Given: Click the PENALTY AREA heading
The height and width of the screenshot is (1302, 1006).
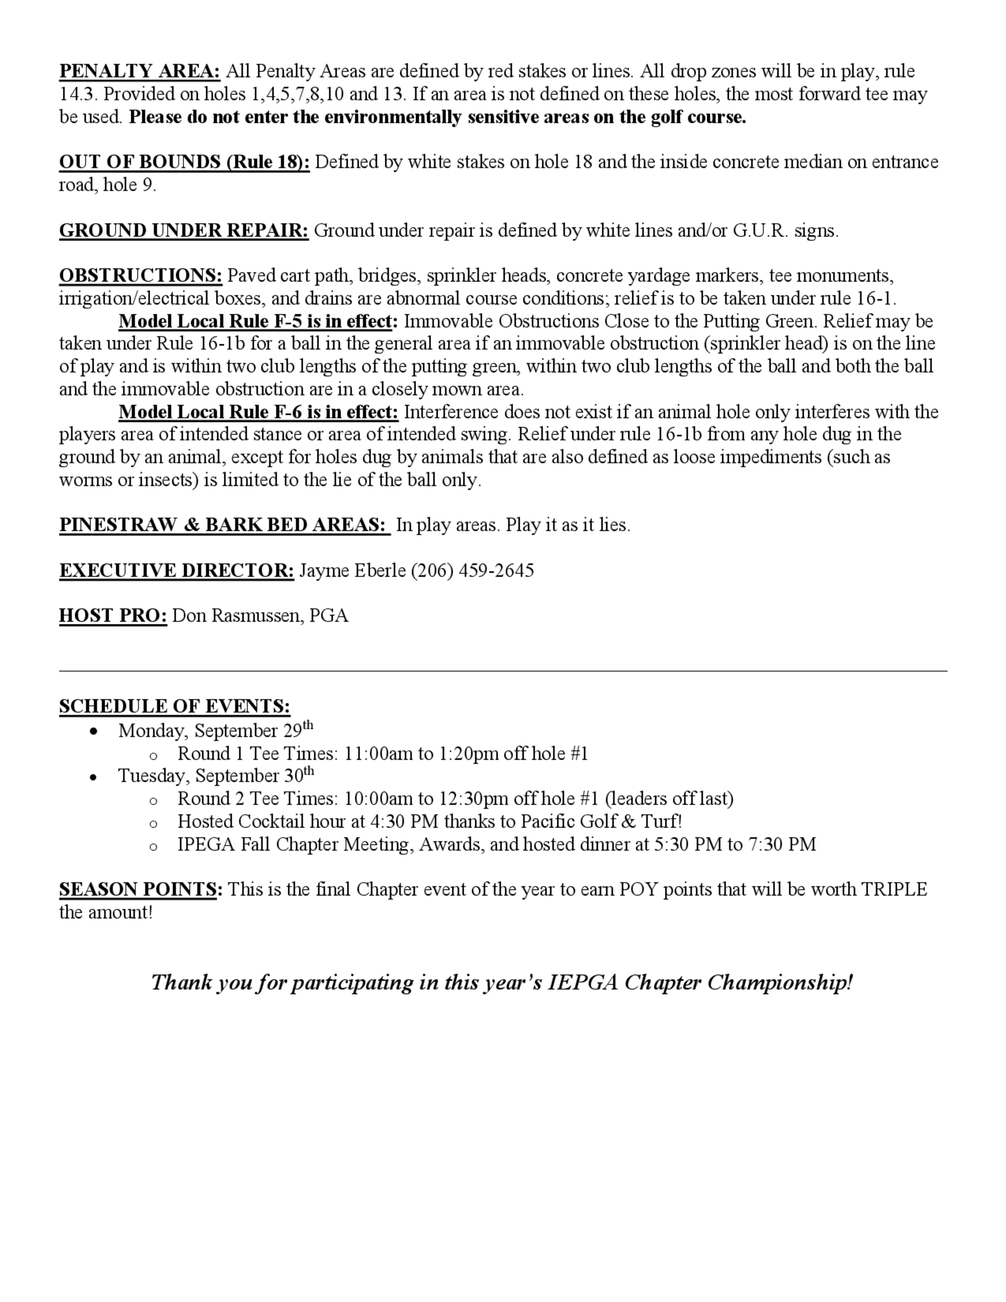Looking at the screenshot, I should click(139, 71).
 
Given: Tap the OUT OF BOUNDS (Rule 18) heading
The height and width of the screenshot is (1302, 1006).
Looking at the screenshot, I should click(184, 162).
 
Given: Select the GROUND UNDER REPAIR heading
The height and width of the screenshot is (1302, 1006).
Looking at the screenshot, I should click(184, 231).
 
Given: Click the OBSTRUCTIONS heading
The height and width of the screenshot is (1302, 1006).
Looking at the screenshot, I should click(141, 276).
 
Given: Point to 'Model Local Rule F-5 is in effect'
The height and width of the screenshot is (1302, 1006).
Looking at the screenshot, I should click(258, 321).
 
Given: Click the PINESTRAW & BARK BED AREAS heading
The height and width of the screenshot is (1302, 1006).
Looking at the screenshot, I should click(224, 525).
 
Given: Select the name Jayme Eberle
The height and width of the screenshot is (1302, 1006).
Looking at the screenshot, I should click(352, 571).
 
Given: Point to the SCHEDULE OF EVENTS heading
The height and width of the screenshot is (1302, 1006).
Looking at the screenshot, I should click(175, 706).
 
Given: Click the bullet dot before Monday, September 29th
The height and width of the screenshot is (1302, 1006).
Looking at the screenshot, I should click(93, 731).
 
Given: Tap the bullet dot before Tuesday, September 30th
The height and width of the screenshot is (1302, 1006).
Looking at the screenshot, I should click(93, 777).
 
